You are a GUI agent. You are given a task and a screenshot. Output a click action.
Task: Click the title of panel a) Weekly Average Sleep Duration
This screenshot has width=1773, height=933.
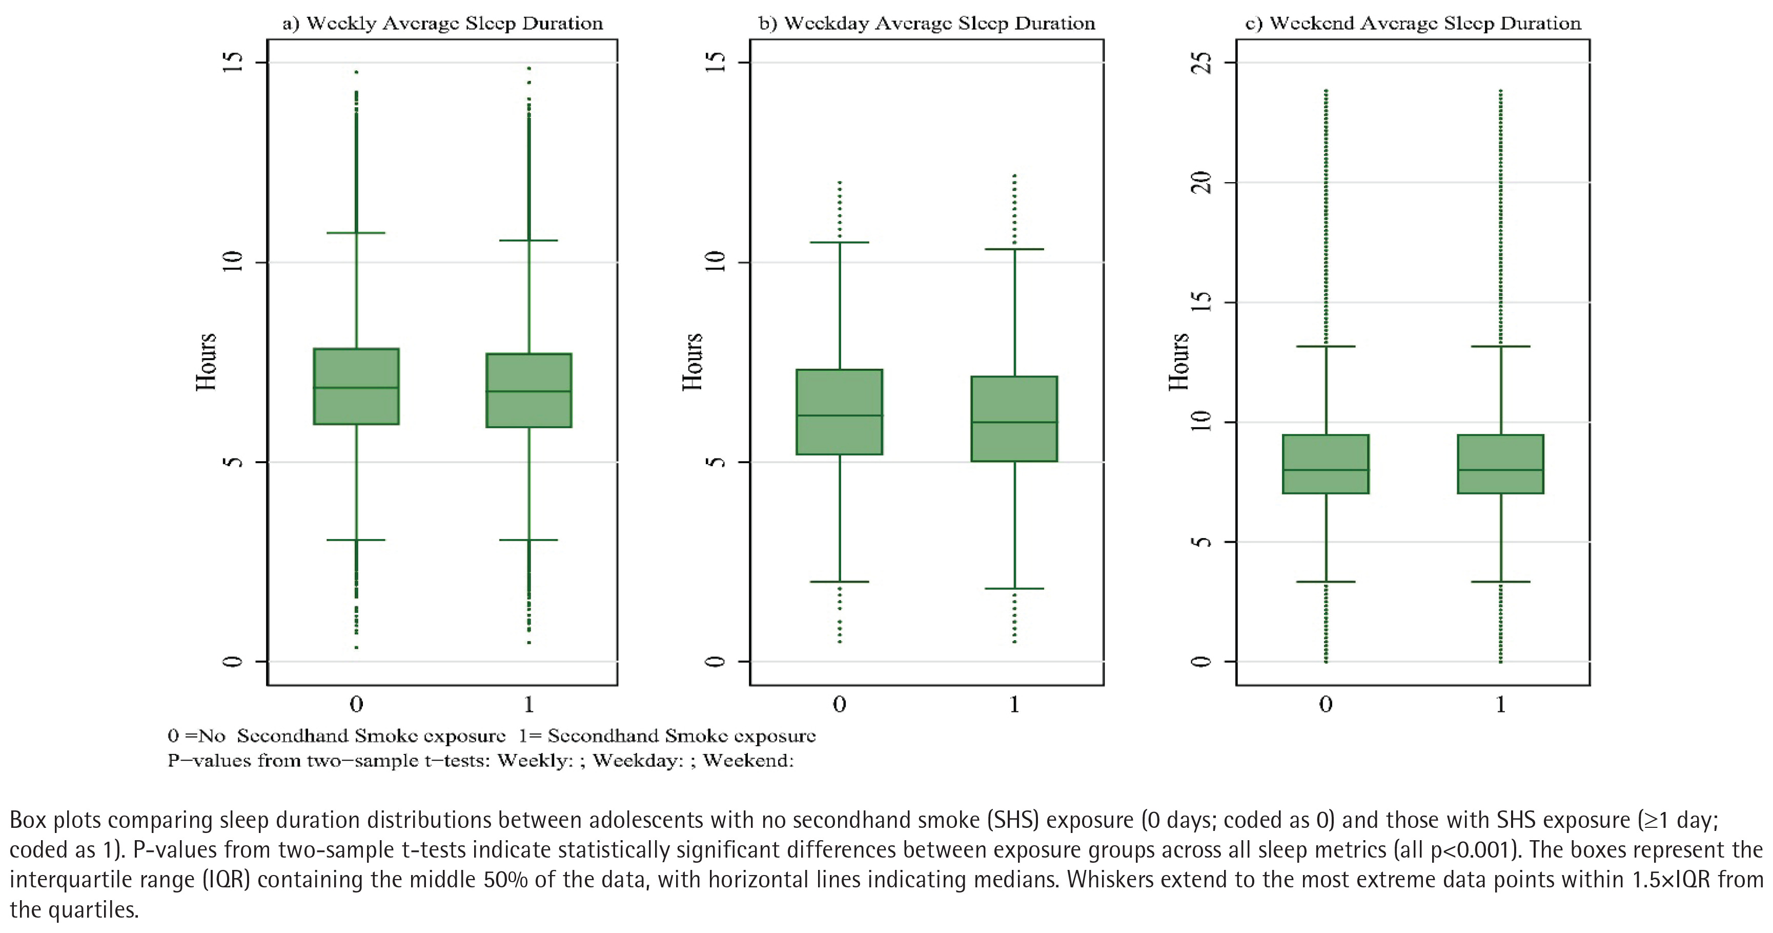(x=442, y=24)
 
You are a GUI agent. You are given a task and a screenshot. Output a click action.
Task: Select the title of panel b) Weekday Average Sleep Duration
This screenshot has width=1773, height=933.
(x=926, y=24)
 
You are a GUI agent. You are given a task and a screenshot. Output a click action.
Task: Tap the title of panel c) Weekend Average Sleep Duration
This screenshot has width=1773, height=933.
(x=1413, y=24)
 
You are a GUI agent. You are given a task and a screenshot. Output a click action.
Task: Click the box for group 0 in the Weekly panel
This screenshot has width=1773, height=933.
(x=356, y=386)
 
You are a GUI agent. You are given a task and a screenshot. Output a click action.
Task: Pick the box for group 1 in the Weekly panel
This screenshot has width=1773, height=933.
(x=528, y=390)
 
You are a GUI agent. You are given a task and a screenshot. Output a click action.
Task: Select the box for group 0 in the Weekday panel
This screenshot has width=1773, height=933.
(x=839, y=412)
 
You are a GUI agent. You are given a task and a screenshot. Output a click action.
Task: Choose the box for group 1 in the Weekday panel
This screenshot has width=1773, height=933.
(x=1014, y=419)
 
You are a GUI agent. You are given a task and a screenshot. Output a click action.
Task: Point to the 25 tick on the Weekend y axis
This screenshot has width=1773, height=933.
(x=1201, y=63)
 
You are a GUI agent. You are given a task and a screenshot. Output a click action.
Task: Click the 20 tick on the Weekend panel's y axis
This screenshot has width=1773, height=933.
(x=1201, y=183)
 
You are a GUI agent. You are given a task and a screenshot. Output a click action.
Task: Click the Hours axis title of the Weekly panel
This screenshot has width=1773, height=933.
(x=206, y=362)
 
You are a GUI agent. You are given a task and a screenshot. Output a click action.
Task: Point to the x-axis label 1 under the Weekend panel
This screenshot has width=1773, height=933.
(x=1500, y=704)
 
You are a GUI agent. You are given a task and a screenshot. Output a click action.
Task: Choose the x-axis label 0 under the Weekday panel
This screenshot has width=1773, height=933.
(x=839, y=704)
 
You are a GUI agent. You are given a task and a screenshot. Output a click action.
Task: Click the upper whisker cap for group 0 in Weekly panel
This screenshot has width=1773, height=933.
(x=356, y=233)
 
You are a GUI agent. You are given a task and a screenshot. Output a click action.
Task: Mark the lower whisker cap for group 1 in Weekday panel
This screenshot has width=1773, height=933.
(x=1014, y=589)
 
